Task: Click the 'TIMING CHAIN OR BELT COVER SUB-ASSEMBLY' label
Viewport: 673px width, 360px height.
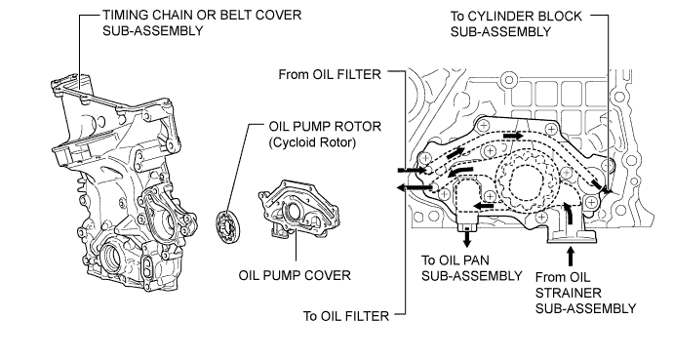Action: point(202,22)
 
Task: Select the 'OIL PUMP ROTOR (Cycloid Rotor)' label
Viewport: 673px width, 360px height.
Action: point(325,135)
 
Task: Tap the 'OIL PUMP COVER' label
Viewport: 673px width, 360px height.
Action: point(295,275)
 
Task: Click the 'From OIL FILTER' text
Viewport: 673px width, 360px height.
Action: point(330,74)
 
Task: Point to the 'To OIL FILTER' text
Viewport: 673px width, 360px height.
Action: point(346,316)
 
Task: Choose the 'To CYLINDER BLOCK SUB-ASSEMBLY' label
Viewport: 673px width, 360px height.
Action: point(516,23)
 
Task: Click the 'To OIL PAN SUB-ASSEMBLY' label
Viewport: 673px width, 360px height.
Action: point(472,267)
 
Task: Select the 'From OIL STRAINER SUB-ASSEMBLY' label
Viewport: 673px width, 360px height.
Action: point(585,293)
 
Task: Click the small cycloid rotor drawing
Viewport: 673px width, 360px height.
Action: point(228,226)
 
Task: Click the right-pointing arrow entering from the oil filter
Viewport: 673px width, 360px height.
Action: point(413,171)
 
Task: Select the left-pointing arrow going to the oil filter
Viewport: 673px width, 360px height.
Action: point(415,187)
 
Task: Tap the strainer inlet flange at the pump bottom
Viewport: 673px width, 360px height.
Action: point(572,237)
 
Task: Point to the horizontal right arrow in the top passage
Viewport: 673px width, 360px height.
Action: point(513,136)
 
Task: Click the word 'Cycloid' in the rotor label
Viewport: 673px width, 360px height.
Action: point(297,142)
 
